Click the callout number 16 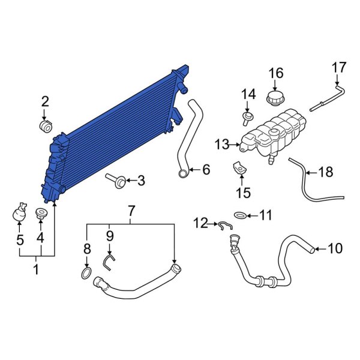275,73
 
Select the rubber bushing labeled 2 45,127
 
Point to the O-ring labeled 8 86,275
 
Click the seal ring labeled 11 239,214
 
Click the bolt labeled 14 247,115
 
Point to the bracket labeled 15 239,169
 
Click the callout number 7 131,211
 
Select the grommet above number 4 41,213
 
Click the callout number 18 325,173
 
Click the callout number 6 206,170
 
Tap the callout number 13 221,144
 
